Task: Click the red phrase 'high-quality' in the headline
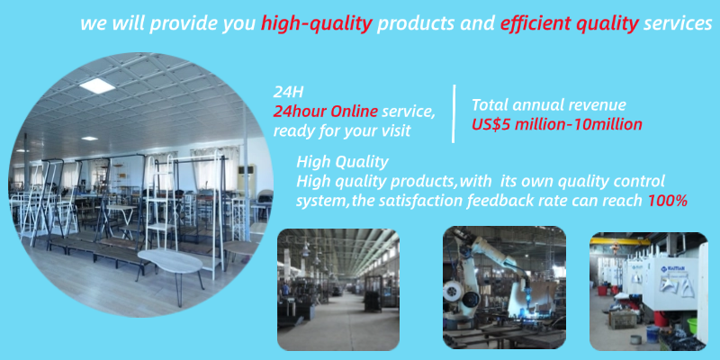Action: point(317,24)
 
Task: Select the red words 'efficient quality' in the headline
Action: point(570,24)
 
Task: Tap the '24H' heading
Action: point(288,93)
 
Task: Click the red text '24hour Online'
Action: point(326,112)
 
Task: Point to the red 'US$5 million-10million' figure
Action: point(557,124)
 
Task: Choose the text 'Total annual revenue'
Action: point(549,105)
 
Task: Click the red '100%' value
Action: point(668,201)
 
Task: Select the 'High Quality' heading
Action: point(343,162)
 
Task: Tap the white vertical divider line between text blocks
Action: point(454,113)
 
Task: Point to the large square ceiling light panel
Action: point(97,85)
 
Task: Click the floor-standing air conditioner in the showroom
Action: point(247,181)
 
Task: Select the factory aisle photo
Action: point(338,290)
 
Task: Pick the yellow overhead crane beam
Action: point(620,241)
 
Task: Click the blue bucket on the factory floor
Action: point(652,333)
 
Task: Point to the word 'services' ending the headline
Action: point(678,24)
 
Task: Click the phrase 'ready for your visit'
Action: point(342,131)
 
